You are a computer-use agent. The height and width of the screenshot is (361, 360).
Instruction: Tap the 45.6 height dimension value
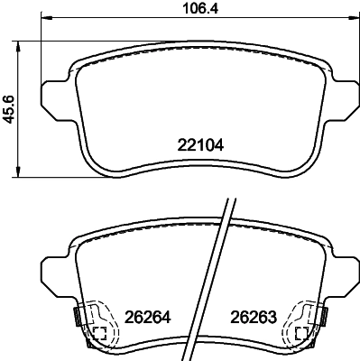[x=8, y=108]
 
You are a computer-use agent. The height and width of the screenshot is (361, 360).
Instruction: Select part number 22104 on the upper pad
[x=198, y=143]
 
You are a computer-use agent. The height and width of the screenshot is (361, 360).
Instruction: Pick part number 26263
[x=252, y=318]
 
